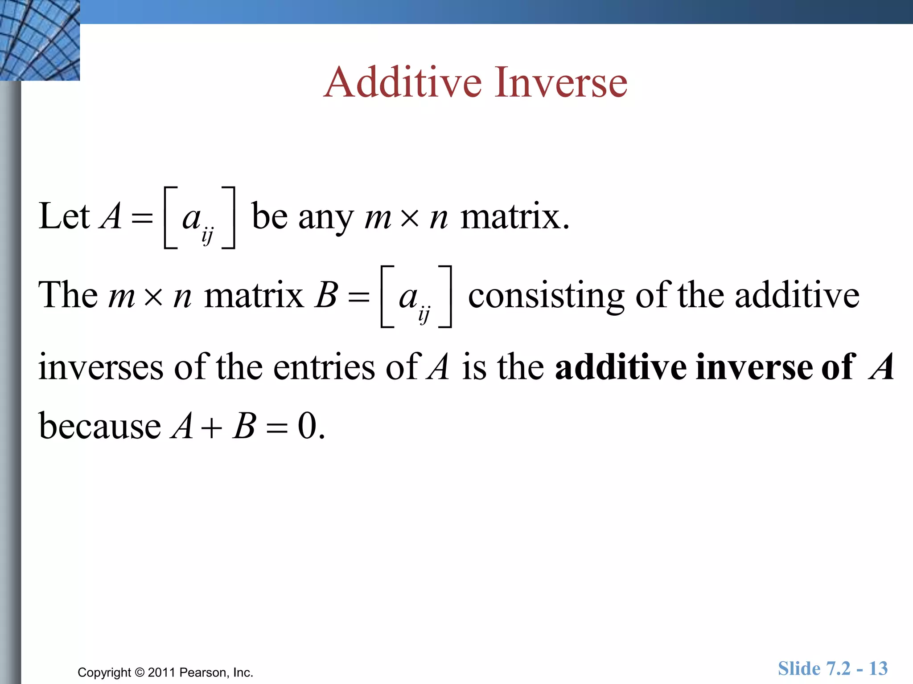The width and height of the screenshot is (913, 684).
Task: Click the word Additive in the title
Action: tap(403, 82)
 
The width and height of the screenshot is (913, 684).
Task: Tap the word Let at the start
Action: tap(64, 216)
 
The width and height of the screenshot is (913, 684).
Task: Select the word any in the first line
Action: tap(325, 218)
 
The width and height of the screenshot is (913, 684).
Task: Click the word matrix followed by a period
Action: tap(514, 217)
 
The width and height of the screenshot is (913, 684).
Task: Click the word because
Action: tap(100, 426)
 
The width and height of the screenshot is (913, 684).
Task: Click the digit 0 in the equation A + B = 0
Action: tap(308, 426)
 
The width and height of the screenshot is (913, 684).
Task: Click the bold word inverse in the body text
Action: tap(754, 367)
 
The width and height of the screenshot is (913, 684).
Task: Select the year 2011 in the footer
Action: tap(161, 672)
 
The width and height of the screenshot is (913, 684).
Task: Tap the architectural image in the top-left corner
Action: tap(40, 40)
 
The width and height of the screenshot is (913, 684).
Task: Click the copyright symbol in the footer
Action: tap(140, 672)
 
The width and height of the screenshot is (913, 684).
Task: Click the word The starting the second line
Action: tap(68, 295)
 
